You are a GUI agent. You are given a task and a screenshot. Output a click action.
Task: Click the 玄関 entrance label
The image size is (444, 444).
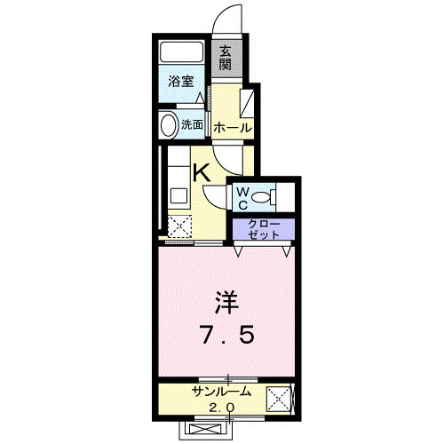tap(226, 59)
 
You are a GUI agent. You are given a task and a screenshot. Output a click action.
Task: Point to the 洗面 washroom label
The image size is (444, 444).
tap(193, 125)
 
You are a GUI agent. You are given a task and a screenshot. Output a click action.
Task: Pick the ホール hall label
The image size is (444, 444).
tap(232, 128)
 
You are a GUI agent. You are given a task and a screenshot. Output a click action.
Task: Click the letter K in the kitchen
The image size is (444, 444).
tap(202, 172)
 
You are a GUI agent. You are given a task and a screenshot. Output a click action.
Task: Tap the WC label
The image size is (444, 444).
tap(241, 196)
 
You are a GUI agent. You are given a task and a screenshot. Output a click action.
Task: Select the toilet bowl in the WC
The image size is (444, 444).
tap(265, 196)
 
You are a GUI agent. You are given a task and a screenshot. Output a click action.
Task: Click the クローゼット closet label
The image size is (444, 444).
tap(263, 229)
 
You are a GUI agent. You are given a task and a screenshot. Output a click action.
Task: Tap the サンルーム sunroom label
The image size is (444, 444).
tap(221, 392)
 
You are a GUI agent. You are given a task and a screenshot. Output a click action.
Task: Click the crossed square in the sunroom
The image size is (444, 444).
tap(281, 401)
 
